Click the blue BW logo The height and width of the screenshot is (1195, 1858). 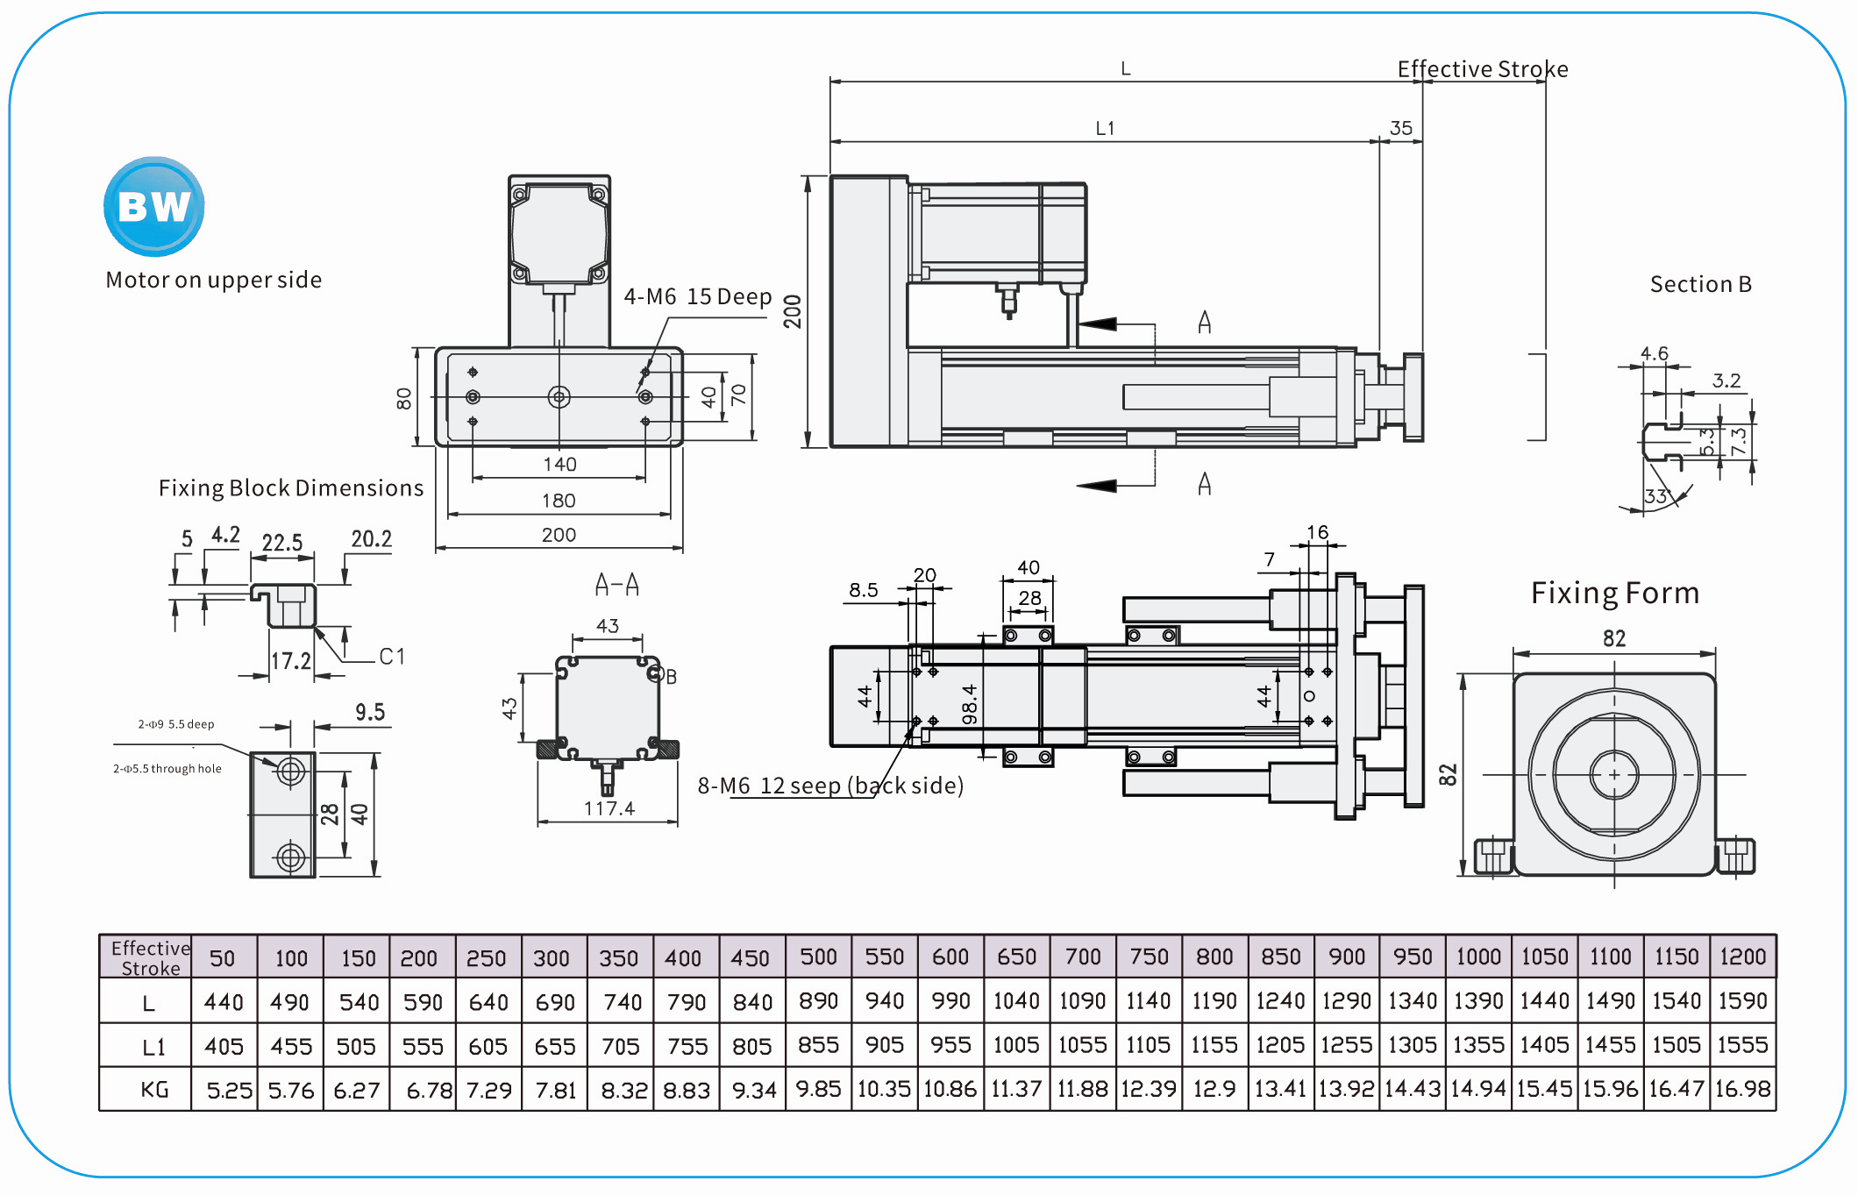point(154,207)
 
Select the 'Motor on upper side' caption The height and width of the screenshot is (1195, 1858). point(213,280)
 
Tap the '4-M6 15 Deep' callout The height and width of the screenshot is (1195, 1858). point(697,297)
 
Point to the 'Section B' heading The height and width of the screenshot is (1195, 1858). point(1700,284)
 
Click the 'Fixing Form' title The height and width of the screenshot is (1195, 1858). point(1614,594)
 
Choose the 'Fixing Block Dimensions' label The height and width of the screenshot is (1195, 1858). point(290,488)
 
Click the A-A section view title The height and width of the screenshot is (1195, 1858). point(616,585)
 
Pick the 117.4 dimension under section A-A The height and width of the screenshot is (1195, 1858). point(609,808)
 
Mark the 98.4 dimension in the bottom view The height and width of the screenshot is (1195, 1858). point(969,705)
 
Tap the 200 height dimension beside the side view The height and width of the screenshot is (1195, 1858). point(793,311)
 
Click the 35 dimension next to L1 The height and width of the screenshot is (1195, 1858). point(1401,128)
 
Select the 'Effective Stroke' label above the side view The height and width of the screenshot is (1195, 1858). point(1482,69)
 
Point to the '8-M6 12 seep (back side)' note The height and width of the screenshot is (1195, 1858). point(830,786)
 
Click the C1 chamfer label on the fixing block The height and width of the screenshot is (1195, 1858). point(392,657)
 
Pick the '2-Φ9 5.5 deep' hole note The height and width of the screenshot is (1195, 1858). point(175,724)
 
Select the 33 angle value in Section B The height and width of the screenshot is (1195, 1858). point(1655,496)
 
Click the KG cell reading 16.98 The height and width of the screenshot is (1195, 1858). point(1742,1089)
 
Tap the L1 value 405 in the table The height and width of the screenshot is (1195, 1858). point(224,1046)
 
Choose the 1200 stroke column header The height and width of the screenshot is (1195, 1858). point(1742,957)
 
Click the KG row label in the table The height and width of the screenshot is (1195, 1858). point(154,1090)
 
